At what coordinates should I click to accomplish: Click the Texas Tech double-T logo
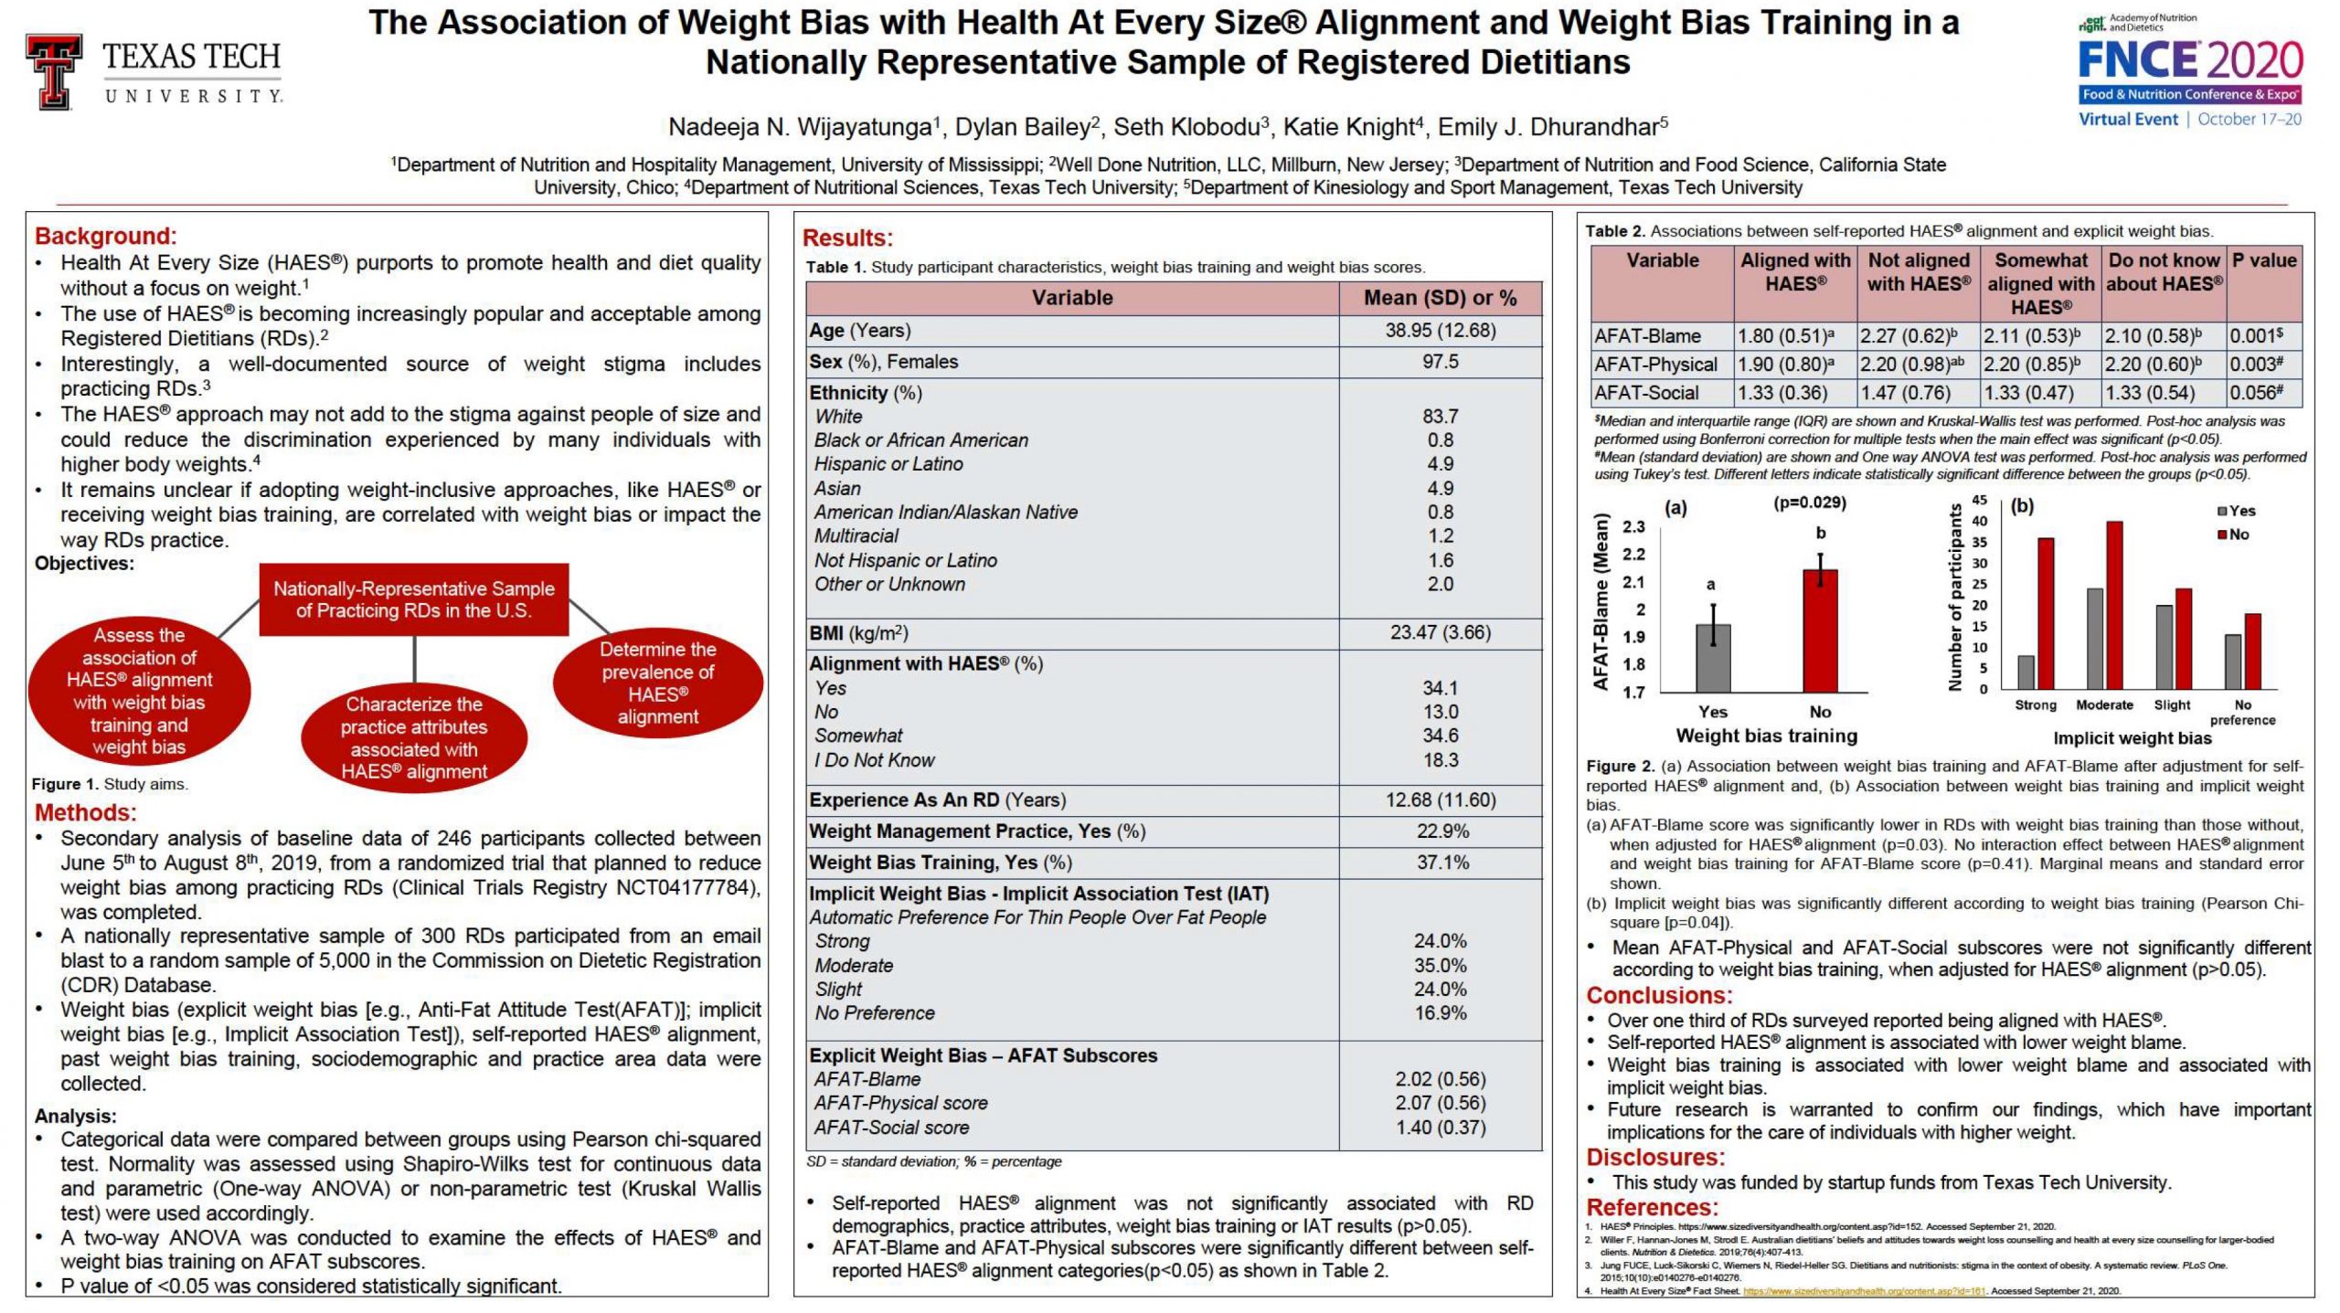pos(54,72)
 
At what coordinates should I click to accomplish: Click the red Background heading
pos(106,237)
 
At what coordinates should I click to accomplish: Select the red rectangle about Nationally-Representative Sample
pos(414,599)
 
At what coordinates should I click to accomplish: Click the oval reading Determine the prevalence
pos(657,683)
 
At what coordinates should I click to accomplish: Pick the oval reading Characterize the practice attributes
pos(414,737)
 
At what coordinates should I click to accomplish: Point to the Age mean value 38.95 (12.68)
pos(1440,331)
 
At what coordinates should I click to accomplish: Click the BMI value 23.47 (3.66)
pos(1440,632)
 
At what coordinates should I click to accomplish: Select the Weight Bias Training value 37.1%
pos(1442,863)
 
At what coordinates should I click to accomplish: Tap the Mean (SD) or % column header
pos(1440,298)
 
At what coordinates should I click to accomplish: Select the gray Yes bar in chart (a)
pos(1713,658)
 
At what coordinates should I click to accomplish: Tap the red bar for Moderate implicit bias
pos(2113,605)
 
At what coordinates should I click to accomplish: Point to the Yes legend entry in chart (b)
pos(2236,511)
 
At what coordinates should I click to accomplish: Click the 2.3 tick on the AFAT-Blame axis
pos(1633,527)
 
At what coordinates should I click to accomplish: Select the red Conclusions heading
pos(1659,995)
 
